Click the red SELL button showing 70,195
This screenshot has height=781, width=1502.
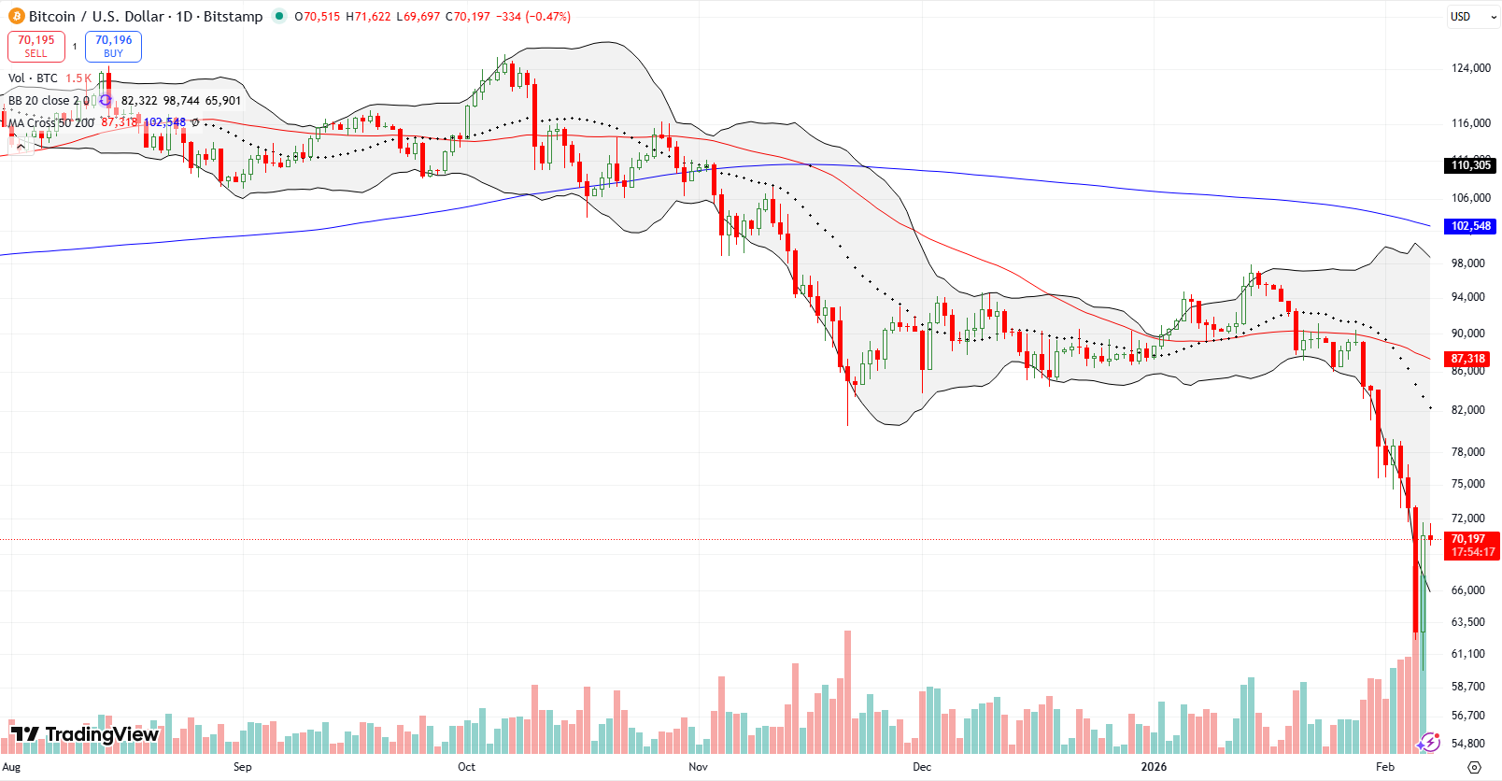(x=36, y=46)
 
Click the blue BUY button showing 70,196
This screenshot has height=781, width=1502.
(x=113, y=46)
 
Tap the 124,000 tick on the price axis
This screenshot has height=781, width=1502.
(x=1470, y=68)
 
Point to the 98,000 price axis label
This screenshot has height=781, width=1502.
(x=1467, y=263)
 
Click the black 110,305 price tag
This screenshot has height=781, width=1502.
(x=1470, y=165)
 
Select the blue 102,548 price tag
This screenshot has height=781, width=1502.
(x=1470, y=226)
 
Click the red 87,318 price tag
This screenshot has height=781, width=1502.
(x=1467, y=359)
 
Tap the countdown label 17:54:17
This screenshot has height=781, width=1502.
(x=1471, y=552)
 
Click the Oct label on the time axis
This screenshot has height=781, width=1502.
(x=466, y=767)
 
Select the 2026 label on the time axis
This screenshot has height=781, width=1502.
(x=1154, y=767)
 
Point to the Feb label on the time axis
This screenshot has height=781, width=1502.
(x=1384, y=767)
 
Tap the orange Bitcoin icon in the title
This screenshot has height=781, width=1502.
(x=16, y=16)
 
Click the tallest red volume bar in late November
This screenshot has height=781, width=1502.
(x=847, y=691)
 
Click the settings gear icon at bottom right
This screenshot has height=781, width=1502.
(x=1474, y=767)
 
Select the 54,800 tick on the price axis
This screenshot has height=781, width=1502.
(x=1467, y=744)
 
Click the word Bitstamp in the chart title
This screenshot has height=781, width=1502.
(x=233, y=17)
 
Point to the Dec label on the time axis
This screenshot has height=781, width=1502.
(x=922, y=767)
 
